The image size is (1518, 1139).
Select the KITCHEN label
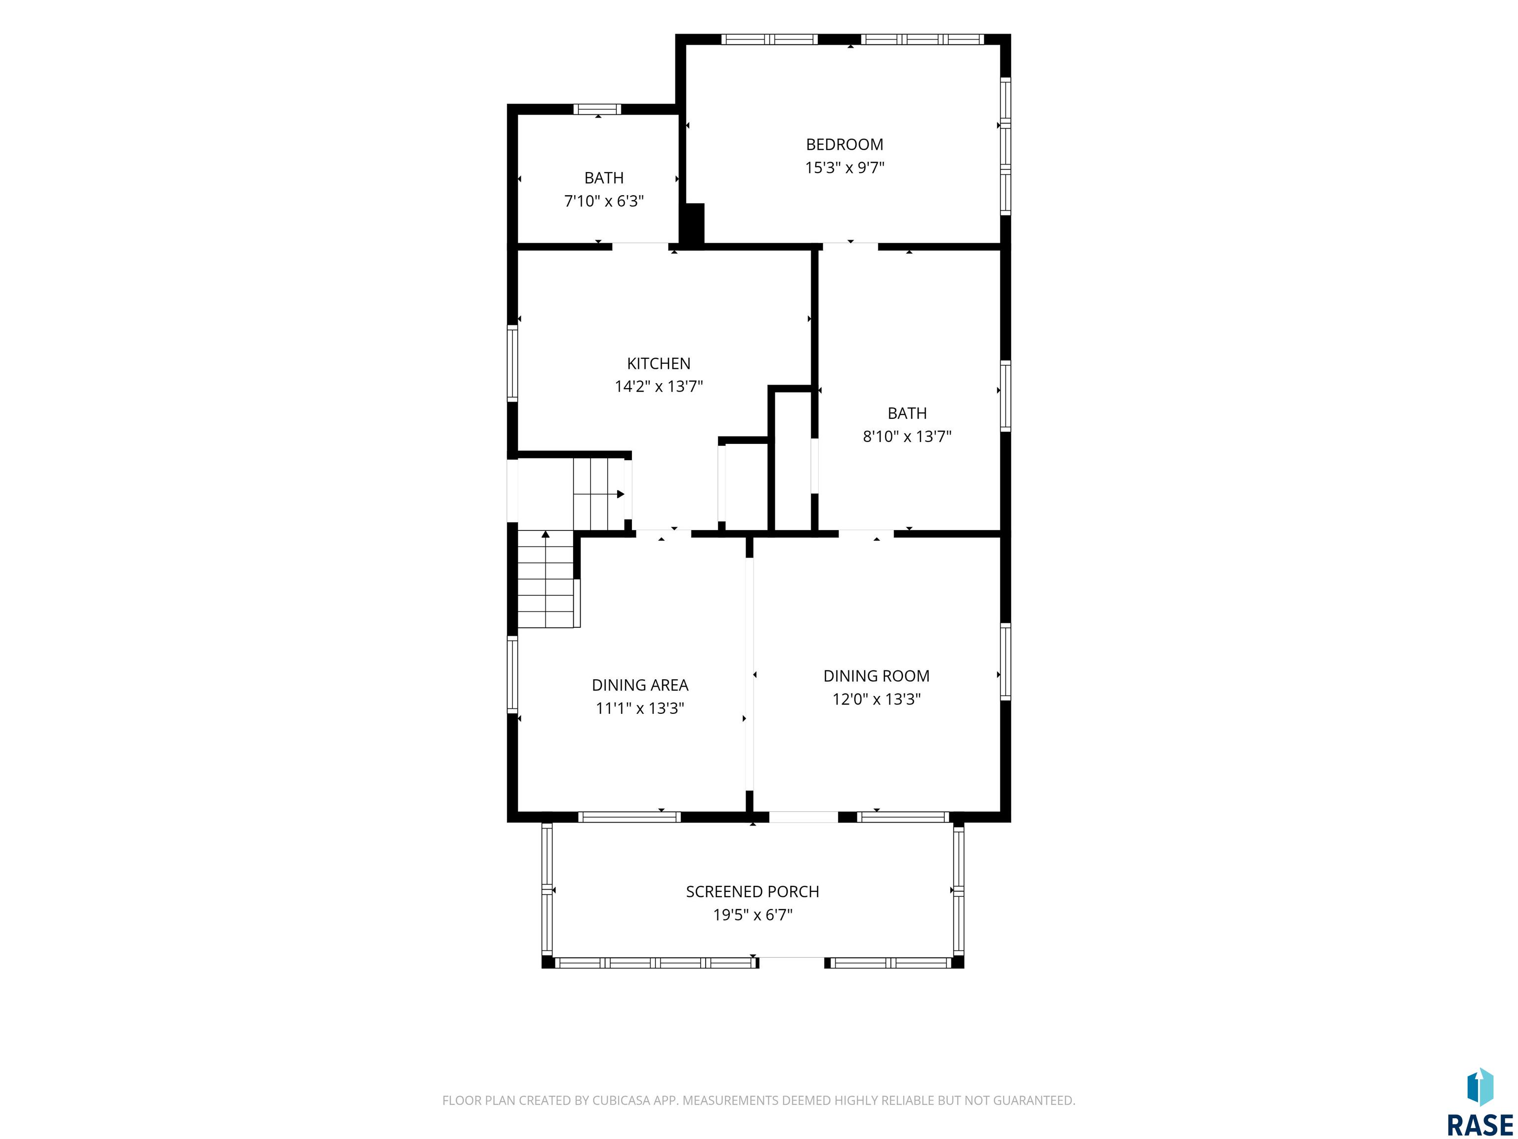(658, 363)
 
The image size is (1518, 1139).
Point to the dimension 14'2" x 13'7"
(658, 387)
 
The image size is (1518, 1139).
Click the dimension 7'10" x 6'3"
(604, 201)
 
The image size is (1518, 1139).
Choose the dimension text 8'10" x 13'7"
(907, 437)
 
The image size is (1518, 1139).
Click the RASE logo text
(1479, 1125)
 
